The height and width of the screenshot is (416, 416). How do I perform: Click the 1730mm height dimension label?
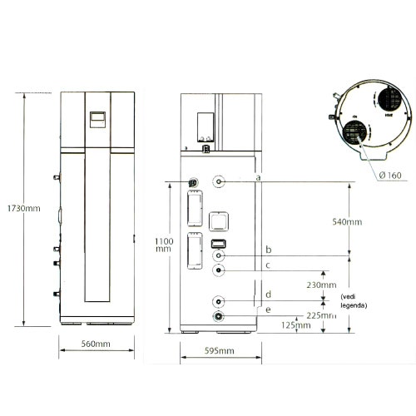[22, 208]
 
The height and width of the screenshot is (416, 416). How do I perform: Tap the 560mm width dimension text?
[97, 344]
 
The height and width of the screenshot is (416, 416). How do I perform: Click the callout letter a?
[259, 178]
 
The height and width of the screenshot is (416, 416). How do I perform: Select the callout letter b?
[268, 250]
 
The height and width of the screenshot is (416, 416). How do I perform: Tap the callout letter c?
[267, 265]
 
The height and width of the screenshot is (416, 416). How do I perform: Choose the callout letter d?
[267, 295]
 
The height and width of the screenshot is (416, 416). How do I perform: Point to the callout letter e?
[267, 310]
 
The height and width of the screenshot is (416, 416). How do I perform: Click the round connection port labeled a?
[219, 181]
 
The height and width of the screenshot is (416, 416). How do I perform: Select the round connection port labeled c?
[218, 270]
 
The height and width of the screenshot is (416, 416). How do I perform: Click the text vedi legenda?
[353, 301]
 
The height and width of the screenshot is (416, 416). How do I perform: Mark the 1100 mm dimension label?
[164, 245]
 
